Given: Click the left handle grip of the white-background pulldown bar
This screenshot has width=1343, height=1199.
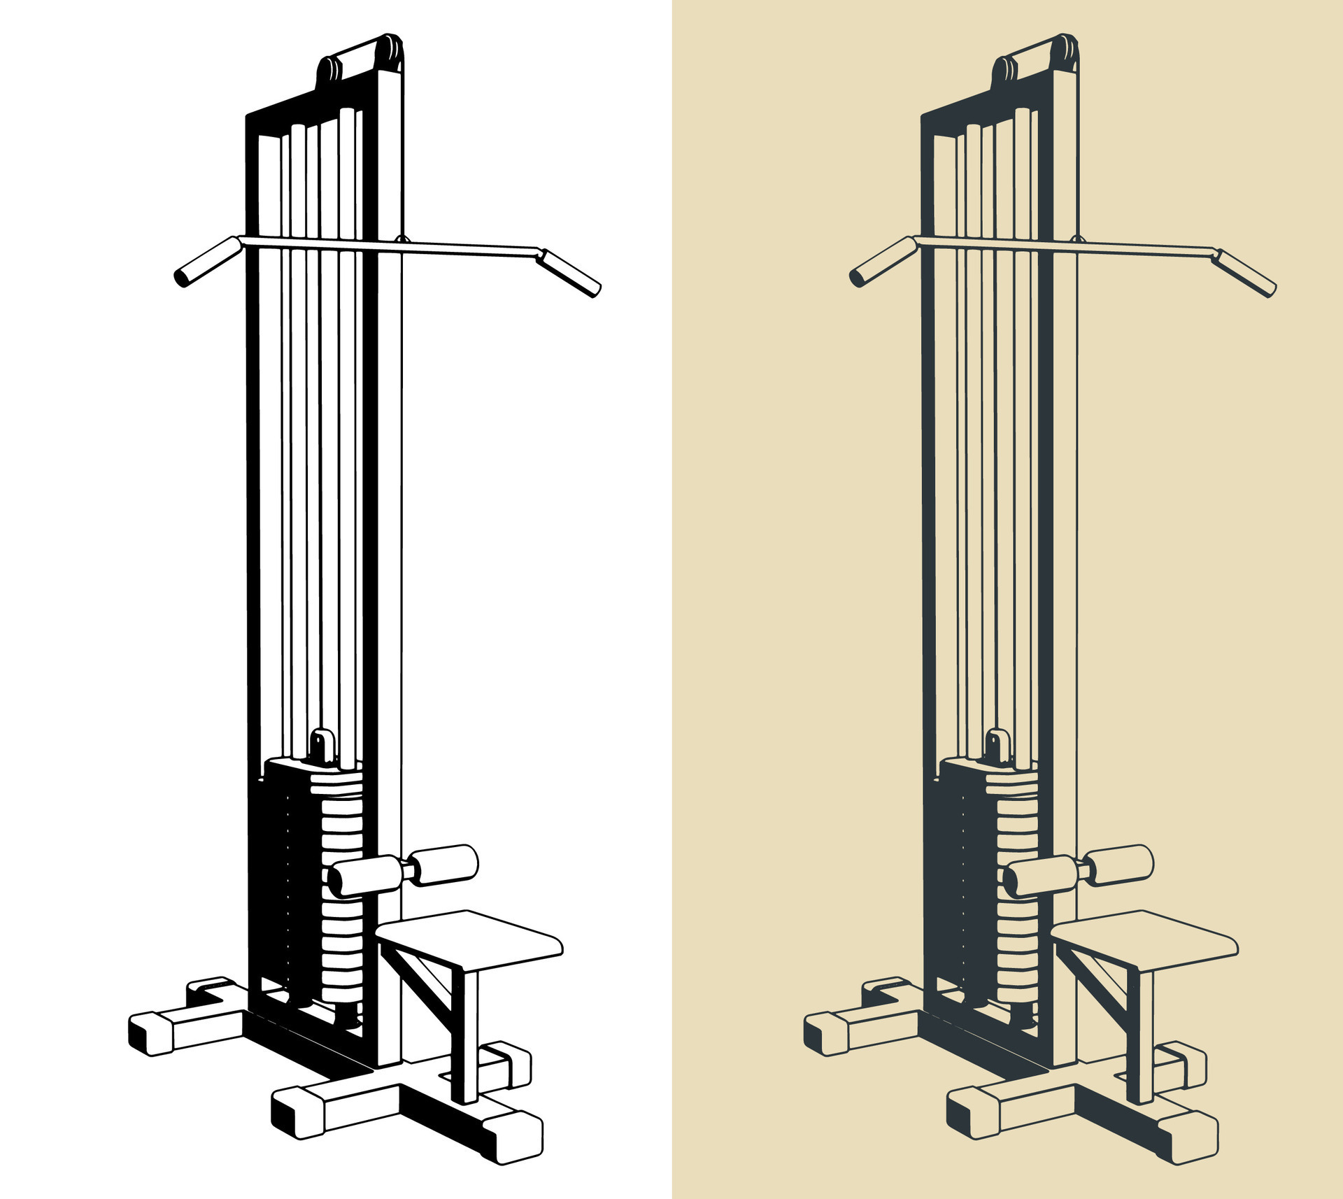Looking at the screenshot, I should click(208, 262).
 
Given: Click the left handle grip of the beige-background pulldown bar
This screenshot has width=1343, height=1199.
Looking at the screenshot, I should click(883, 262).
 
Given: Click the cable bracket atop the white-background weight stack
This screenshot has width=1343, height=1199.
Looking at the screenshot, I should click(322, 745).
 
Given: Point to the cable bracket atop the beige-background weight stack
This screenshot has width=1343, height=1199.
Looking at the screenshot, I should click(997, 745).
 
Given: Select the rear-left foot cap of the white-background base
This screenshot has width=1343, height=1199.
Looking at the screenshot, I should click(150, 1034).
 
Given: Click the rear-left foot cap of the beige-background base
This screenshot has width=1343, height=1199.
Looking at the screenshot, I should click(825, 1034).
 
